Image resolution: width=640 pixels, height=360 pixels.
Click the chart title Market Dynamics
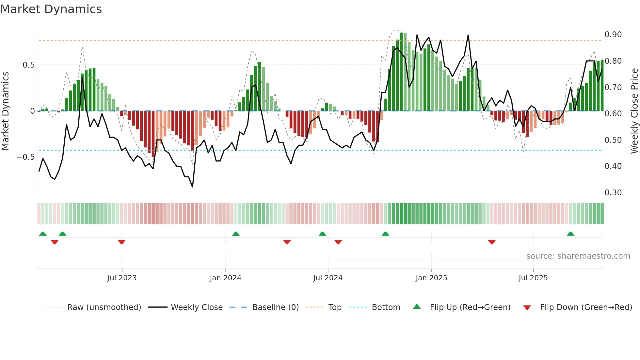click(51, 9)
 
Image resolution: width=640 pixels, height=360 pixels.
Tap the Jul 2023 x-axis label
click(122, 278)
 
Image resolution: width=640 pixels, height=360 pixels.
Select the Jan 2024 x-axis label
click(225, 278)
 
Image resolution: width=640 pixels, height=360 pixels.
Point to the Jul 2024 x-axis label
click(328, 278)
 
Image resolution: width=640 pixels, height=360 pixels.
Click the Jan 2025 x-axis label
click(431, 278)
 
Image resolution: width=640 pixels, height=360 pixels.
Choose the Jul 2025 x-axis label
click(533, 278)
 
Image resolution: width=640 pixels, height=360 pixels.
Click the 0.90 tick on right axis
click(613, 35)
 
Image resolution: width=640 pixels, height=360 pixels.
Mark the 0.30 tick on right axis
click(613, 193)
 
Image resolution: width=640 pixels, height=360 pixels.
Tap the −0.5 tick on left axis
click(25, 157)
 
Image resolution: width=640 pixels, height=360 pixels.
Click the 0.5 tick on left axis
click(28, 65)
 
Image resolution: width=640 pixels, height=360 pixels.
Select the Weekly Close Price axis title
click(634, 111)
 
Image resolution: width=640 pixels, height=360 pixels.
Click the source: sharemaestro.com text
click(578, 256)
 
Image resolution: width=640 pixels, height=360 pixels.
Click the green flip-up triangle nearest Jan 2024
click(236, 234)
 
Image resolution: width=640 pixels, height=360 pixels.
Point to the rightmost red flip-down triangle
click(492, 242)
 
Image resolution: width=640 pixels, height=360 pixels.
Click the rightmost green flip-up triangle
click(570, 234)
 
